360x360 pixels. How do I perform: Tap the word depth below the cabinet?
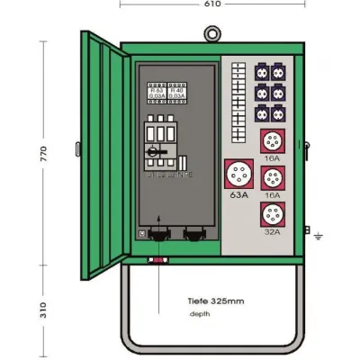[x=200, y=314]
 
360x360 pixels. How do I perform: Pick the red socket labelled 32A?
[x=272, y=214]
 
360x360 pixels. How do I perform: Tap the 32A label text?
[x=272, y=231]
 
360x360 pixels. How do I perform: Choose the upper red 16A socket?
[x=272, y=141]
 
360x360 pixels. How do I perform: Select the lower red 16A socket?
[x=272, y=177]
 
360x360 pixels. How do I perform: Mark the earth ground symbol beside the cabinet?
[x=319, y=236]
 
